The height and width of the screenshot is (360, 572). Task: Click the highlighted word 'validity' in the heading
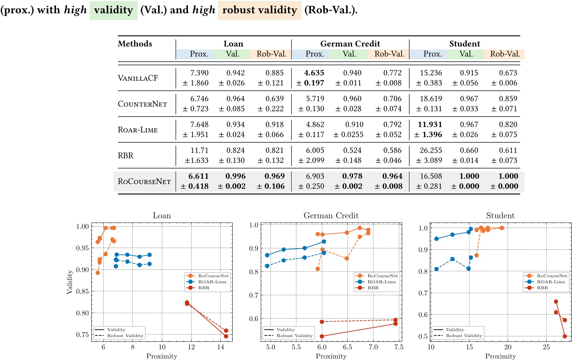coord(113,10)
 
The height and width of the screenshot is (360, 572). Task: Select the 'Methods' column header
coord(135,44)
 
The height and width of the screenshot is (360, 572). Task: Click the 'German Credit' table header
coord(350,44)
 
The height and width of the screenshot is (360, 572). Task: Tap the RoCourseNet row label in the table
coord(144,181)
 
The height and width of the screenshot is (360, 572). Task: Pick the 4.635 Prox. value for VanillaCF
coord(314,73)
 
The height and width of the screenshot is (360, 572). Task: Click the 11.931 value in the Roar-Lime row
coord(429,125)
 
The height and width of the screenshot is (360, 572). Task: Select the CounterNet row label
coord(142,104)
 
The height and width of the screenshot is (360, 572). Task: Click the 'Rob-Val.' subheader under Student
coord(505,54)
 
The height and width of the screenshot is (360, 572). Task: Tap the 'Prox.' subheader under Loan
coord(199,54)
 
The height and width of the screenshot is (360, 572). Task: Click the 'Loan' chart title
coord(162,216)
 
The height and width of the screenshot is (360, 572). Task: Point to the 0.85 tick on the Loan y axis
coord(83,291)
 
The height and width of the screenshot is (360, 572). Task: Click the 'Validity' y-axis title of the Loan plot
coord(70,282)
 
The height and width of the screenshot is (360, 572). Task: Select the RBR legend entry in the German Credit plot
coord(373,288)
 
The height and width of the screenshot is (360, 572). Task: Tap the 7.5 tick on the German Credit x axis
coord(399,347)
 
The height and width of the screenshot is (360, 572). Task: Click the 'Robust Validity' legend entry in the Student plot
coord(464,336)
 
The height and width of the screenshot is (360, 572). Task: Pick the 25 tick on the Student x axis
coord(546,347)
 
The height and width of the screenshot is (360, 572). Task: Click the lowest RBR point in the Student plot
coord(565,336)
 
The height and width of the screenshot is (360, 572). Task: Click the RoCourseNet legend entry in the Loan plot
coord(213,276)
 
